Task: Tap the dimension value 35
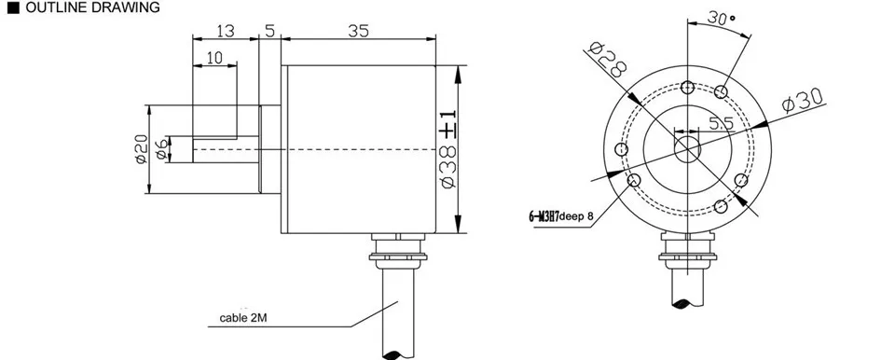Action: point(358,31)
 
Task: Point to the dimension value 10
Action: point(213,59)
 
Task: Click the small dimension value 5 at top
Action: point(269,31)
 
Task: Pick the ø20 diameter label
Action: point(141,148)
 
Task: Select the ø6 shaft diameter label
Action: point(163,148)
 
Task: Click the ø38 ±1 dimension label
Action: point(447,150)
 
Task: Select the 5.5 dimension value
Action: point(721,123)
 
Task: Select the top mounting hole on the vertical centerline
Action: point(687,87)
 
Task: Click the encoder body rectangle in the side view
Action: point(360,149)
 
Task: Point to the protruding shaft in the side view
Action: point(224,149)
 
